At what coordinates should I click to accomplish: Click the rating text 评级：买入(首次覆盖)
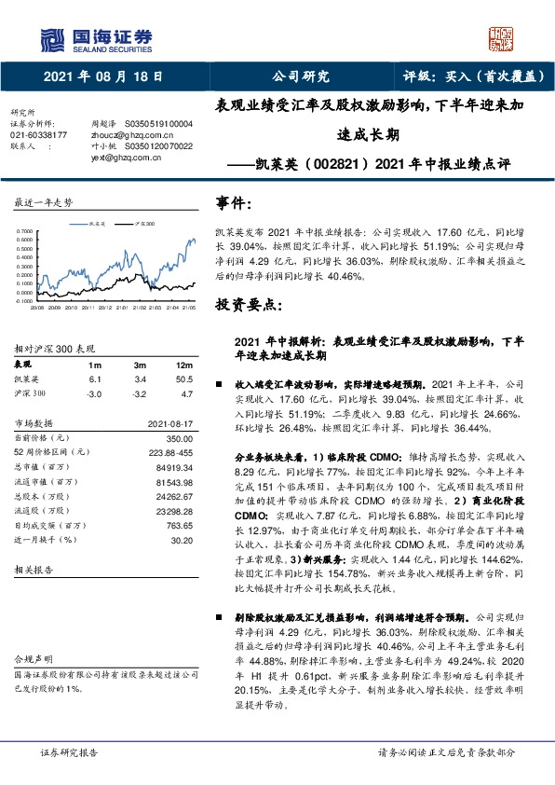(462, 76)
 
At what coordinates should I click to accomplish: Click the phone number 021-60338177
(38, 135)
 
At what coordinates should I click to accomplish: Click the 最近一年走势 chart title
(45, 202)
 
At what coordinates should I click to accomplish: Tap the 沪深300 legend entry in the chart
(144, 225)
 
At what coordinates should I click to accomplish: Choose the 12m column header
(184, 363)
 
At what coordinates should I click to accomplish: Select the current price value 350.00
(180, 438)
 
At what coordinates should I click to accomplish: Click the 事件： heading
(233, 202)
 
